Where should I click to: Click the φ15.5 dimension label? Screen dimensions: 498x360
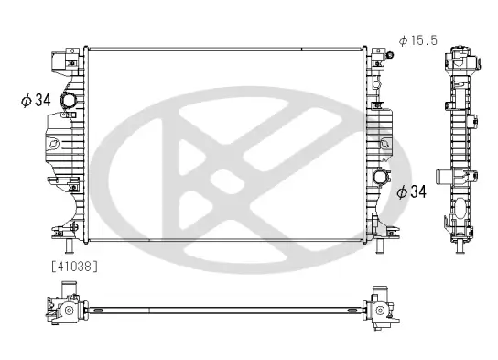[x=418, y=40]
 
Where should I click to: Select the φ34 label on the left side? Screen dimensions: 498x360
[x=36, y=100]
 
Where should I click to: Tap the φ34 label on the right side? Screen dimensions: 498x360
[x=411, y=191]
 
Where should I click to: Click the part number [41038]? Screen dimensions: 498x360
[x=75, y=267]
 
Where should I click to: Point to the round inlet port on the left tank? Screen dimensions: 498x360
[x=69, y=100]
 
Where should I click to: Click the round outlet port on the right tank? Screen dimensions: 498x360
[x=381, y=178]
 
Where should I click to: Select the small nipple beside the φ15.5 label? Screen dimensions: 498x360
[x=389, y=55]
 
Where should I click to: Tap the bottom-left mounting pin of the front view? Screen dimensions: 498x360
[x=69, y=246]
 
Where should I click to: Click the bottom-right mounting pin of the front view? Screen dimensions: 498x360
[x=380, y=246]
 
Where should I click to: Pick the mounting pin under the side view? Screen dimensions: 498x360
[x=460, y=247]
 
